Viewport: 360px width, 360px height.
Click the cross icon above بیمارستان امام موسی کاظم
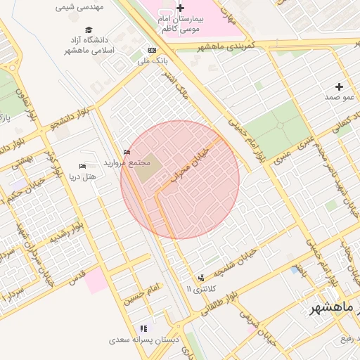point(181,8)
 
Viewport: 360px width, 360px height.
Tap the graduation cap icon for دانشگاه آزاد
point(89,30)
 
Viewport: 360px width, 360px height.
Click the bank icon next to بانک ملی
point(152,51)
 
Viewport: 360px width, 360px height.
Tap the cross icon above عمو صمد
point(339,86)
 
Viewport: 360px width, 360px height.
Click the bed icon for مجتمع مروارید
point(127,152)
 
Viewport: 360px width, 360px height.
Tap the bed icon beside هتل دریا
point(82,167)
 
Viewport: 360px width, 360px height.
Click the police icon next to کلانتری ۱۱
point(202,278)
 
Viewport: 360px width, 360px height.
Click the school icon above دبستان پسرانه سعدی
point(143,328)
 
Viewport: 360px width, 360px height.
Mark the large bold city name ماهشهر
point(335,309)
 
